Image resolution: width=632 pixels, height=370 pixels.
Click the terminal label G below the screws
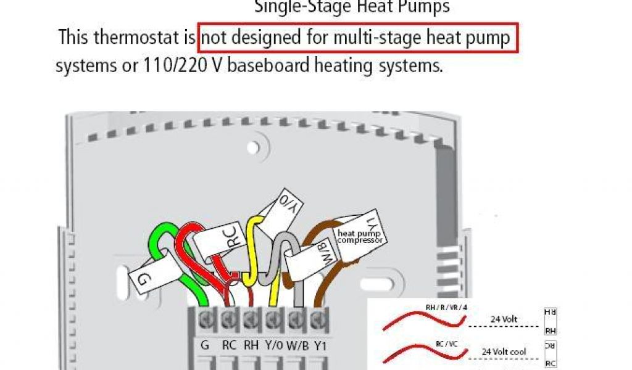tap(205, 345)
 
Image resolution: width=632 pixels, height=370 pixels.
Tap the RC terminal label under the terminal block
tap(229, 345)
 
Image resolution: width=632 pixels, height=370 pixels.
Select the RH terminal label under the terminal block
tap(251, 345)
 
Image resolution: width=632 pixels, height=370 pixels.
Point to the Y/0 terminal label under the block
tap(273, 345)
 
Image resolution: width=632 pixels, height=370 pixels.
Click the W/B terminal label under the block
tap(297, 345)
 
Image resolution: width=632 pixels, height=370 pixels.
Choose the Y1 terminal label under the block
tap(320, 345)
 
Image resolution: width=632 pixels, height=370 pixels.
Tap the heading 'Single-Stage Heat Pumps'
tap(352, 7)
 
